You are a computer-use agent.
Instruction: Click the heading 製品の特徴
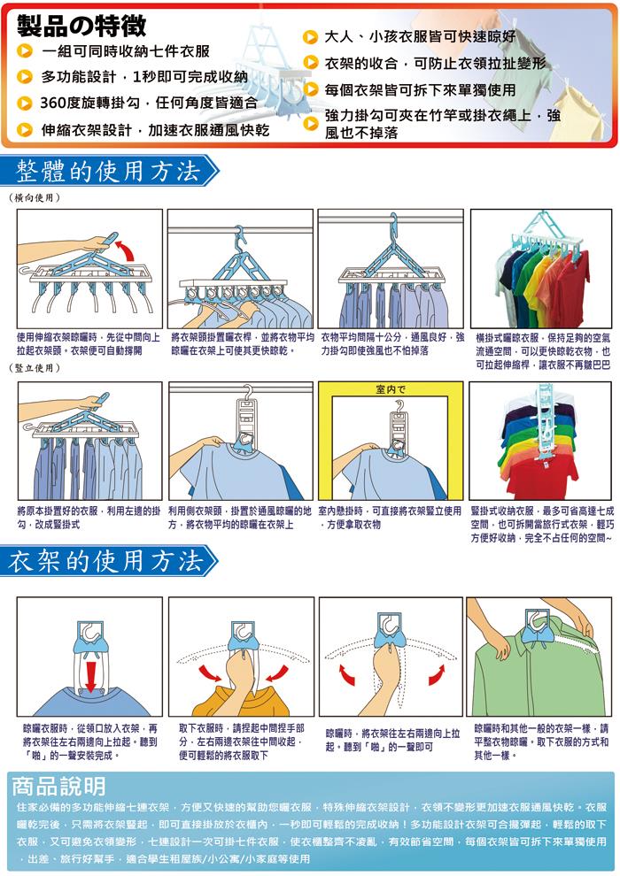[x=81, y=25]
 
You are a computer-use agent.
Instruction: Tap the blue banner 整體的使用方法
[x=108, y=171]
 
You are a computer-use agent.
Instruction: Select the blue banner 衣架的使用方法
[x=108, y=560]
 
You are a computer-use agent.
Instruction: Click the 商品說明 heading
[x=58, y=786]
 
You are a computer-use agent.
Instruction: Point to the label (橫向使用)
[x=35, y=197]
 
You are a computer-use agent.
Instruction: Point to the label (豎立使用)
[x=35, y=367]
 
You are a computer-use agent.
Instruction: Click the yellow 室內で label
[x=391, y=388]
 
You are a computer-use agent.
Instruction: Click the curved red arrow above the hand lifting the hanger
[x=127, y=250]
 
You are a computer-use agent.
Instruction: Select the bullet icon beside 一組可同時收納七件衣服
[x=24, y=51]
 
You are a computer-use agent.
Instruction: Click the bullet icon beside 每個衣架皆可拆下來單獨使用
[x=310, y=89]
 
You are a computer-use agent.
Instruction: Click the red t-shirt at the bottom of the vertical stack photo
[x=540, y=478]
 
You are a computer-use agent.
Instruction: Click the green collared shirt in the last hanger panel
[x=539, y=676]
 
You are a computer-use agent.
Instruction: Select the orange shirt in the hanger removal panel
[x=240, y=701]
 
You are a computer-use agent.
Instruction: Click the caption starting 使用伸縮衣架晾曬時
[x=89, y=344]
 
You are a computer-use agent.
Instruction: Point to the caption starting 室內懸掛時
[x=390, y=518]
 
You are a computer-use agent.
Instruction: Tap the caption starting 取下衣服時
[x=242, y=742]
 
